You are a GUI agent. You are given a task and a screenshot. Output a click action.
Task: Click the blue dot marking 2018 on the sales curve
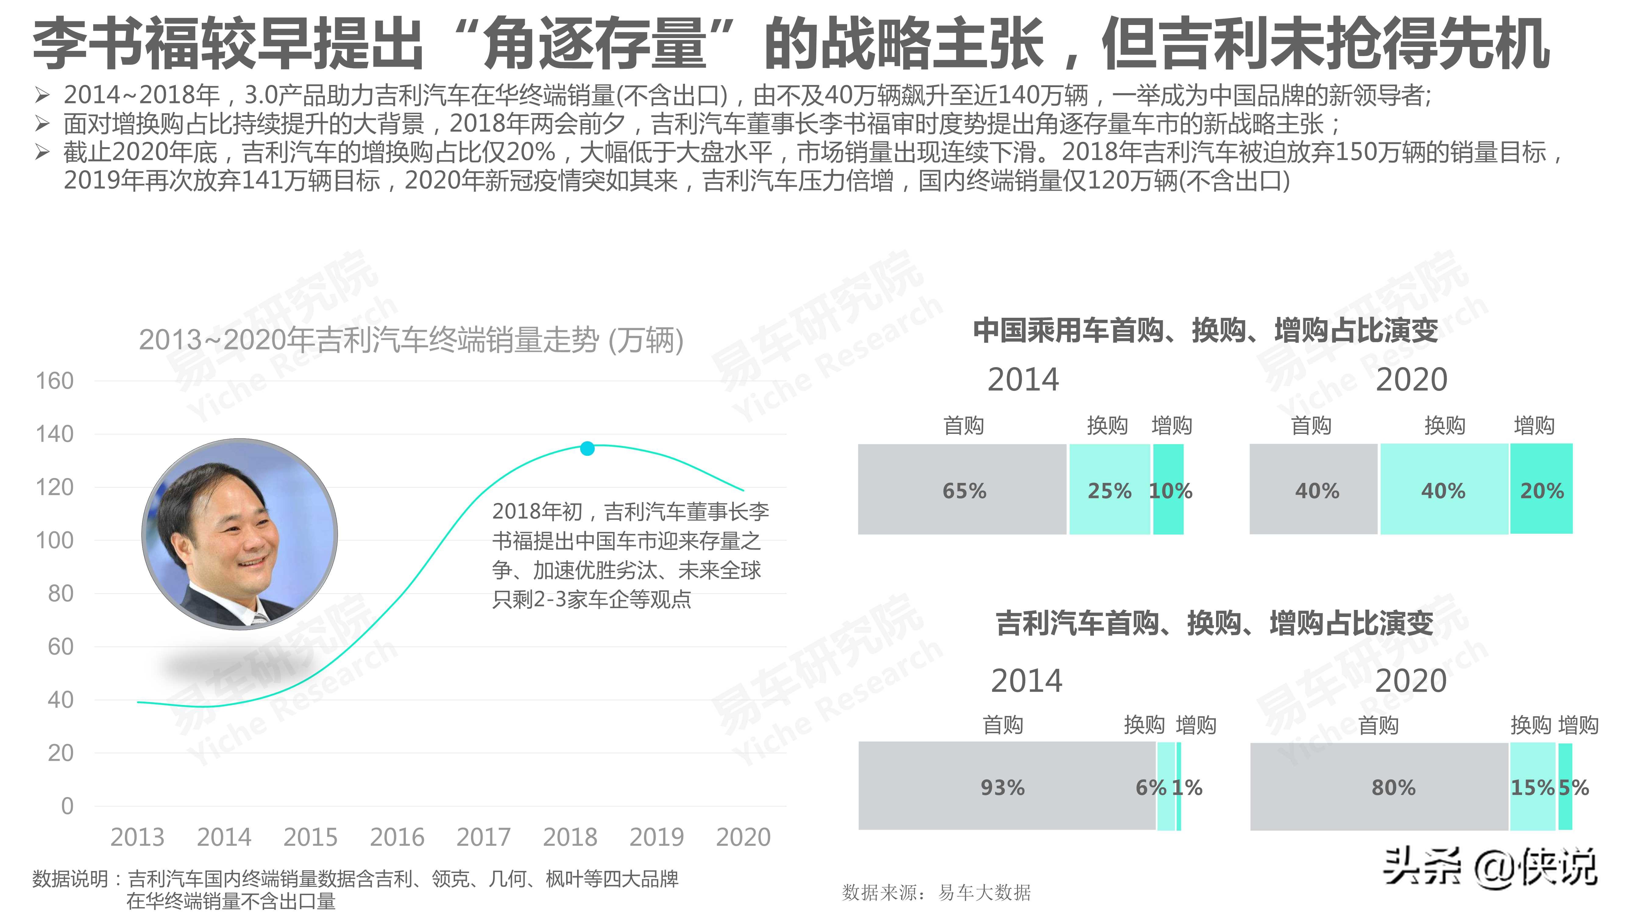(x=587, y=448)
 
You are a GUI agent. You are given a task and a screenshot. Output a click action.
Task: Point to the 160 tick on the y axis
(x=55, y=381)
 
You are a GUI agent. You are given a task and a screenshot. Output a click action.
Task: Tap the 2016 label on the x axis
(x=397, y=837)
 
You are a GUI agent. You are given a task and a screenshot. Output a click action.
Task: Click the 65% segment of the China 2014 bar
(x=963, y=490)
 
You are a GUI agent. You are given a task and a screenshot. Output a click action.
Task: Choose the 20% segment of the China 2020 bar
(x=1541, y=490)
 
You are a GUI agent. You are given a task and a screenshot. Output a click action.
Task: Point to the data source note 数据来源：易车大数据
(x=936, y=893)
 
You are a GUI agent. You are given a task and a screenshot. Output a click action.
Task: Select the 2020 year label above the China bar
(x=1411, y=380)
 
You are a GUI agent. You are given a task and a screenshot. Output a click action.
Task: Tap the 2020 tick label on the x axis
(x=743, y=837)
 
